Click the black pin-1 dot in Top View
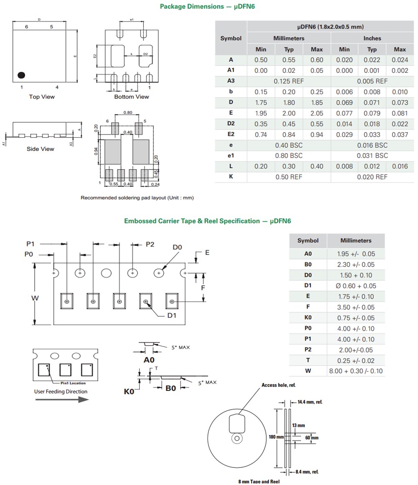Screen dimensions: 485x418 (x=21, y=75)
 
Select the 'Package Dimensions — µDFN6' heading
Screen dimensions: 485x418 (x=207, y=6)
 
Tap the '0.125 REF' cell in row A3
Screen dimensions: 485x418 (x=289, y=81)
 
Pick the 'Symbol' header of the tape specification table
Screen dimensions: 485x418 (x=308, y=241)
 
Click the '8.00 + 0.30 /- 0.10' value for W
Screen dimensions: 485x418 (x=356, y=371)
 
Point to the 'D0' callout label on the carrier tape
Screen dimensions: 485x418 (x=177, y=247)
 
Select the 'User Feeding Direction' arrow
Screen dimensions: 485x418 (x=62, y=399)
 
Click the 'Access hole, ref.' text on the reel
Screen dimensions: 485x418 (x=278, y=385)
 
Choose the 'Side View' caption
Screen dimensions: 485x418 (x=41, y=149)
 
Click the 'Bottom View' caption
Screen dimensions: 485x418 (x=132, y=97)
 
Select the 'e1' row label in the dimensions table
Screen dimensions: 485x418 (x=231, y=155)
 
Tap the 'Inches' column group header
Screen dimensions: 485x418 (x=372, y=38)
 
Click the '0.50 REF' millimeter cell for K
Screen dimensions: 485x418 (x=289, y=177)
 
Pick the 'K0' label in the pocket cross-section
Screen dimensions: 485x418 (x=129, y=392)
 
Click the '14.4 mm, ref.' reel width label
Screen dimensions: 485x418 (x=310, y=402)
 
